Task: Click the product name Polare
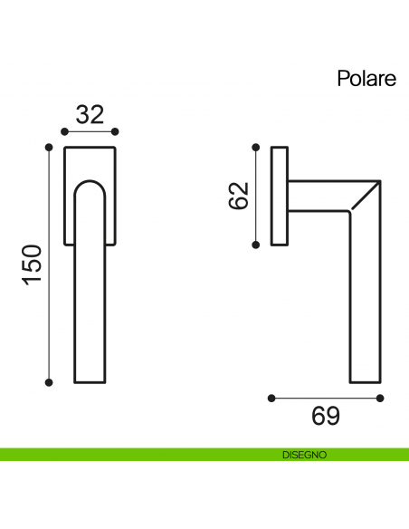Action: [x=366, y=78]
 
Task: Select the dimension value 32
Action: [x=90, y=114]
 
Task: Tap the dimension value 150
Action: [x=32, y=264]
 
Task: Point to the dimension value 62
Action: [x=238, y=196]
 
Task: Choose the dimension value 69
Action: [x=325, y=416]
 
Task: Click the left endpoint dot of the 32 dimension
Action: [x=64, y=132]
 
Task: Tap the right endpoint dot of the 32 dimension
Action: [x=114, y=132]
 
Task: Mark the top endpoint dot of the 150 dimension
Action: [x=49, y=145]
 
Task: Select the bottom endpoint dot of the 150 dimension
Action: [x=49, y=381]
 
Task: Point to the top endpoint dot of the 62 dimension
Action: [x=258, y=146]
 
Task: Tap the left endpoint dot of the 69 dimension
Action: [x=271, y=397]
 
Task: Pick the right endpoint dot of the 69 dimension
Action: [x=380, y=397]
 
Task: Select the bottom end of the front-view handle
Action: [x=90, y=379]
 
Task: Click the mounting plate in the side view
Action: [x=280, y=195]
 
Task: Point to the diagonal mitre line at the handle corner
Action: [x=364, y=197]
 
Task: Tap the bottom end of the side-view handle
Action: [x=364, y=379]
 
